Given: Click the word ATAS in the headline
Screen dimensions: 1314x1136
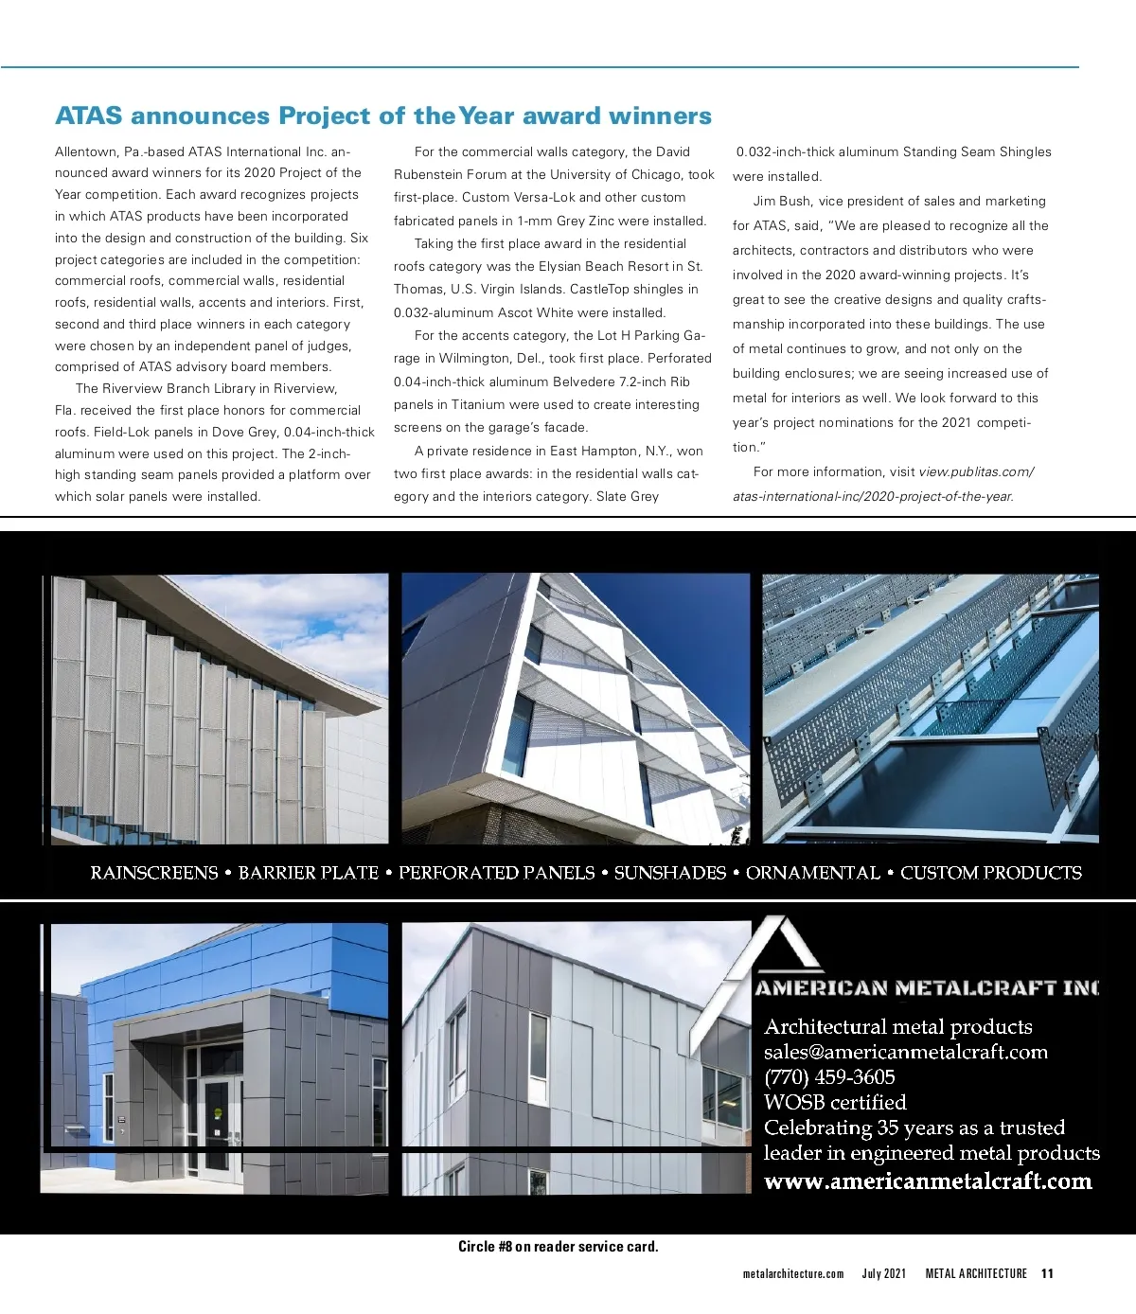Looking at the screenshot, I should coord(89,116).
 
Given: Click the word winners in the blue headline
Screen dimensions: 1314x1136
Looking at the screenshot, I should coord(660,116).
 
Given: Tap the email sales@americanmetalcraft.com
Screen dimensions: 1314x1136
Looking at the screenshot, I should coord(905,1052).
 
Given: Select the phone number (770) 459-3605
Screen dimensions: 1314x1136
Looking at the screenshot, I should coord(829,1077).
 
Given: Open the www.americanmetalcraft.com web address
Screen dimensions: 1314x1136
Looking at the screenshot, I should coord(928,1181).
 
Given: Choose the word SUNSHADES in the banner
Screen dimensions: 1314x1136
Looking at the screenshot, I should coord(669,873).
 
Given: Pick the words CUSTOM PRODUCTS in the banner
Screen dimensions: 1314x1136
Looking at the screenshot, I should coord(990,873).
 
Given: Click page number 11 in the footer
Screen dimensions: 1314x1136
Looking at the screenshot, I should coord(1047,1274).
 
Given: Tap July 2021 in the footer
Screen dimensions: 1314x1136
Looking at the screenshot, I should coord(883,1274).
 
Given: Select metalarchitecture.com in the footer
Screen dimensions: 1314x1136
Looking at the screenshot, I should coord(793,1274).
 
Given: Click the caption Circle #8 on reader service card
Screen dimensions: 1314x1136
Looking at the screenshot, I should coord(558,1247).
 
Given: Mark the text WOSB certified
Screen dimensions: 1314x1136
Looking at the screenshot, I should coord(835,1103).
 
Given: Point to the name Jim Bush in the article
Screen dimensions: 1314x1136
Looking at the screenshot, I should coord(781,202).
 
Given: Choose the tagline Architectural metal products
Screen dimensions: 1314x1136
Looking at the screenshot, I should coord(897,1027).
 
